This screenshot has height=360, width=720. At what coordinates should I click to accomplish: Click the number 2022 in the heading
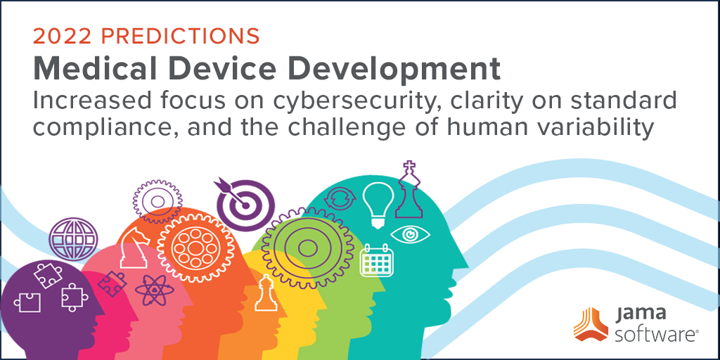tap(62, 37)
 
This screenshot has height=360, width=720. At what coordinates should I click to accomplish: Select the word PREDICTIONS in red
tap(180, 37)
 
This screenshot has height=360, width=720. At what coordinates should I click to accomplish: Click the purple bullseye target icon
tap(244, 204)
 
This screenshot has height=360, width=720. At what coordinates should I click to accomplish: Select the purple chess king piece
tap(409, 189)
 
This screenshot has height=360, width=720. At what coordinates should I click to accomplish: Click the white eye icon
tap(410, 234)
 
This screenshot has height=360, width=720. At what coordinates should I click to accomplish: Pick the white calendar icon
tap(377, 260)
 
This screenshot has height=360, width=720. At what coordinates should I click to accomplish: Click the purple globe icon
tap(73, 239)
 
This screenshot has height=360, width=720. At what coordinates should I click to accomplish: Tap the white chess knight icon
tap(134, 248)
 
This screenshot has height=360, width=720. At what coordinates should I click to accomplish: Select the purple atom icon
tap(154, 290)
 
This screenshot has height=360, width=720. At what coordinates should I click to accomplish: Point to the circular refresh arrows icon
tap(340, 198)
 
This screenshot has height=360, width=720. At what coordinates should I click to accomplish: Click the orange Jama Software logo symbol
tap(591, 325)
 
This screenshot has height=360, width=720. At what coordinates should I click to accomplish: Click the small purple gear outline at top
tap(157, 201)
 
